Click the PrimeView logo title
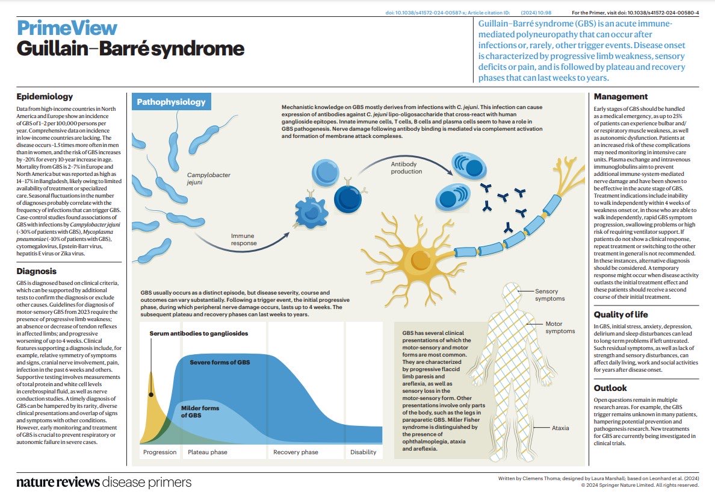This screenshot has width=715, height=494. pyautogui.click(x=67, y=28)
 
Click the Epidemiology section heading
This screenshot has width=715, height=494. pyautogui.click(x=45, y=96)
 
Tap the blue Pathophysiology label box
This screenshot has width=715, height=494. pyautogui.click(x=171, y=102)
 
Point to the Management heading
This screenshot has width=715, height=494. pyautogui.click(x=621, y=96)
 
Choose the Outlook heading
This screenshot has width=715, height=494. pyautogui.click(x=610, y=388)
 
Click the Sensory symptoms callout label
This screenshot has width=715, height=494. pyautogui.click(x=549, y=295)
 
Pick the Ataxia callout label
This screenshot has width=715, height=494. pyautogui.click(x=561, y=428)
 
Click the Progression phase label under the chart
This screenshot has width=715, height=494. pyautogui.click(x=159, y=452)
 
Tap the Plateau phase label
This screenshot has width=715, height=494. pyautogui.click(x=208, y=452)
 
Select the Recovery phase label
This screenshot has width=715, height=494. pyautogui.click(x=296, y=452)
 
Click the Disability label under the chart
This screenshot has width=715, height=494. pyautogui.click(x=363, y=452)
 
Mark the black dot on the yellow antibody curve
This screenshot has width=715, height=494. pyautogui.click(x=151, y=395)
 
